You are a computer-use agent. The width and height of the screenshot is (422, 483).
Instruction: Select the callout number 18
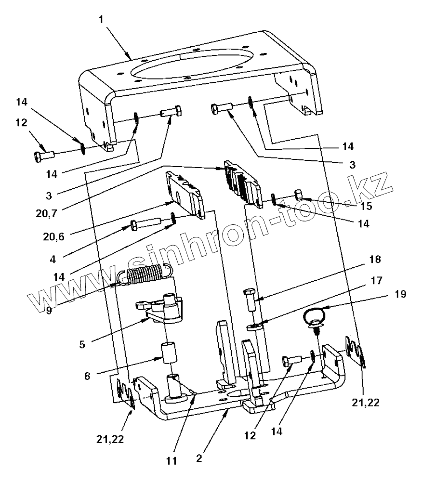[x=374, y=260]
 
